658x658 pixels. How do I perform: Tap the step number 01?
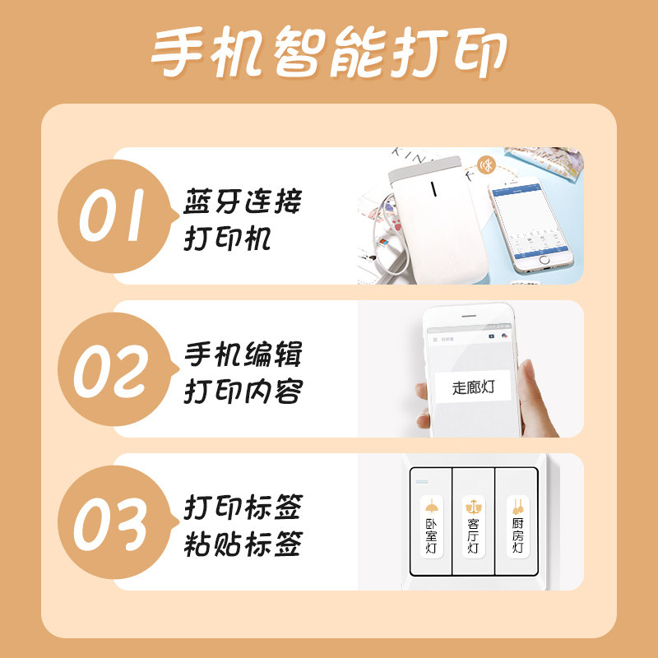[x=111, y=216]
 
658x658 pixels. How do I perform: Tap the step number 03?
[x=111, y=523]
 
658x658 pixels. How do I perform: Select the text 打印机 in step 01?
[x=227, y=240]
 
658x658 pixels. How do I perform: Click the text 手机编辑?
[x=242, y=355]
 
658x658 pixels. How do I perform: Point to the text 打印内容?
[x=242, y=393]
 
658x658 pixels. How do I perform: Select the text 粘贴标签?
[x=242, y=545]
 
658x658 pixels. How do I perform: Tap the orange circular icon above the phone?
[x=489, y=164]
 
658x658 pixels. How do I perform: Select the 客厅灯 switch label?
[x=473, y=526]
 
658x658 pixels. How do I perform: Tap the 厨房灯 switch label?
[x=517, y=526]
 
